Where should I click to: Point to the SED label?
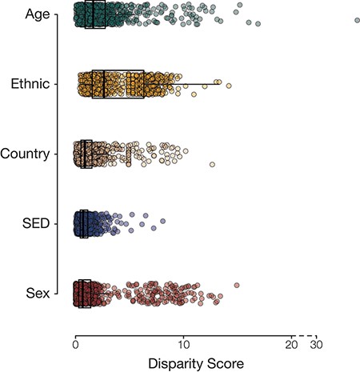coord(35,224)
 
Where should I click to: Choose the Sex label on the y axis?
coord(37,294)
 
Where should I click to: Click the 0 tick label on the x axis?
coord(75,345)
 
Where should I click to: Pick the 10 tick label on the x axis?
coord(183,345)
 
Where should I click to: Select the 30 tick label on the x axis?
coord(318,345)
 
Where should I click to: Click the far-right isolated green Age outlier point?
coord(358,20)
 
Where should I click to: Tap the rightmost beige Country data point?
coord(213,164)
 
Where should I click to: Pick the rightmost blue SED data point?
coord(162,221)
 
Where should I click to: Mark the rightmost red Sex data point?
coord(237,286)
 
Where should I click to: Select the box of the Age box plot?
coord(95,14)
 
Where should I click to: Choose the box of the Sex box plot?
coord(83,294)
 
